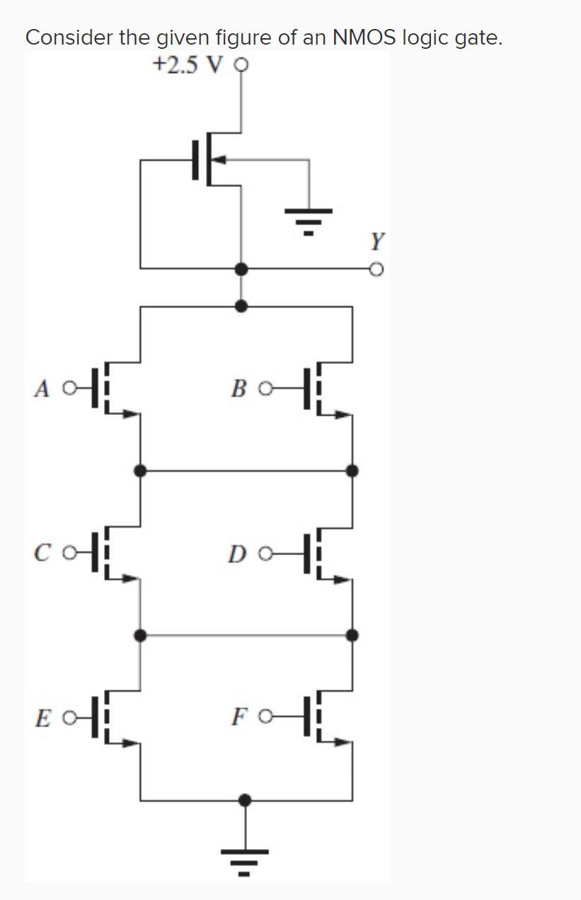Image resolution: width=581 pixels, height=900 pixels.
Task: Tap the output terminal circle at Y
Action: pos(377,269)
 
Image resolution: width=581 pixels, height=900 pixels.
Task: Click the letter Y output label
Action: pos(378,243)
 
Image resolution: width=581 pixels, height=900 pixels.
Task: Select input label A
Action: pos(43,389)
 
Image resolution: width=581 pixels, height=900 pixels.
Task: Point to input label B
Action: pos(239,389)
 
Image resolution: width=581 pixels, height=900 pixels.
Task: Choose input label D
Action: pos(236,553)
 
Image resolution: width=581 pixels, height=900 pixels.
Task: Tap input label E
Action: pos(42,717)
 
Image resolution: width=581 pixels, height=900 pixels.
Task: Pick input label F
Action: pos(238,717)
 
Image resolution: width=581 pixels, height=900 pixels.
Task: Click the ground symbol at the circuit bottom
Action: pos(245,857)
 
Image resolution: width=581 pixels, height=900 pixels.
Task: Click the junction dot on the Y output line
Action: pos(242,268)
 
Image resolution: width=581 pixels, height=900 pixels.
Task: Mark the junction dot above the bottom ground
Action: pos(245,800)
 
